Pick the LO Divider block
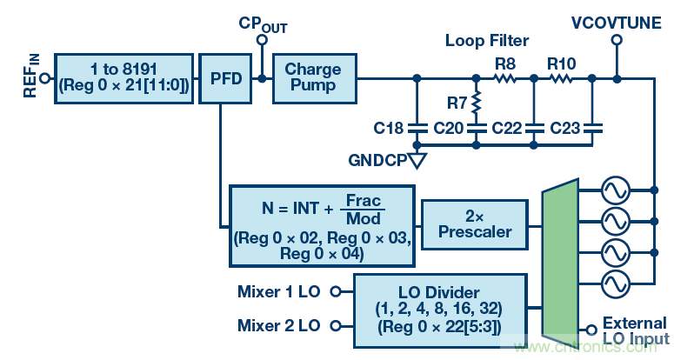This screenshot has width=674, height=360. (440, 308)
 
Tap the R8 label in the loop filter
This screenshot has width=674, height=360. (504, 63)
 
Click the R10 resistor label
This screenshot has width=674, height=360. (560, 63)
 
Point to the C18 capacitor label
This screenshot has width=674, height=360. (389, 129)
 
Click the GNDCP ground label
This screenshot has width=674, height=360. (377, 162)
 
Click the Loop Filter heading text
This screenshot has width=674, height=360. (487, 40)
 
